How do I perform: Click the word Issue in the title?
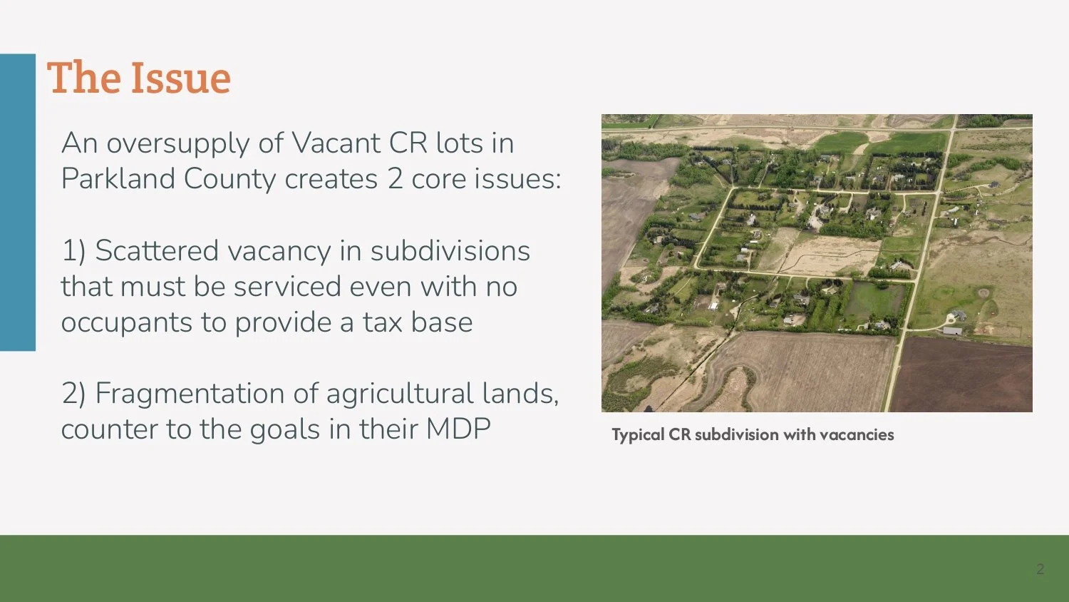(180, 78)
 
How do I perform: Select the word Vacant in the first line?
(336, 143)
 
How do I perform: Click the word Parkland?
(118, 178)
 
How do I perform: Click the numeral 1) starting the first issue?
(73, 251)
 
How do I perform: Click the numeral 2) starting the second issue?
(73, 394)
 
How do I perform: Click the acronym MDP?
(458, 429)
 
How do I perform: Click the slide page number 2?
(1040, 569)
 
